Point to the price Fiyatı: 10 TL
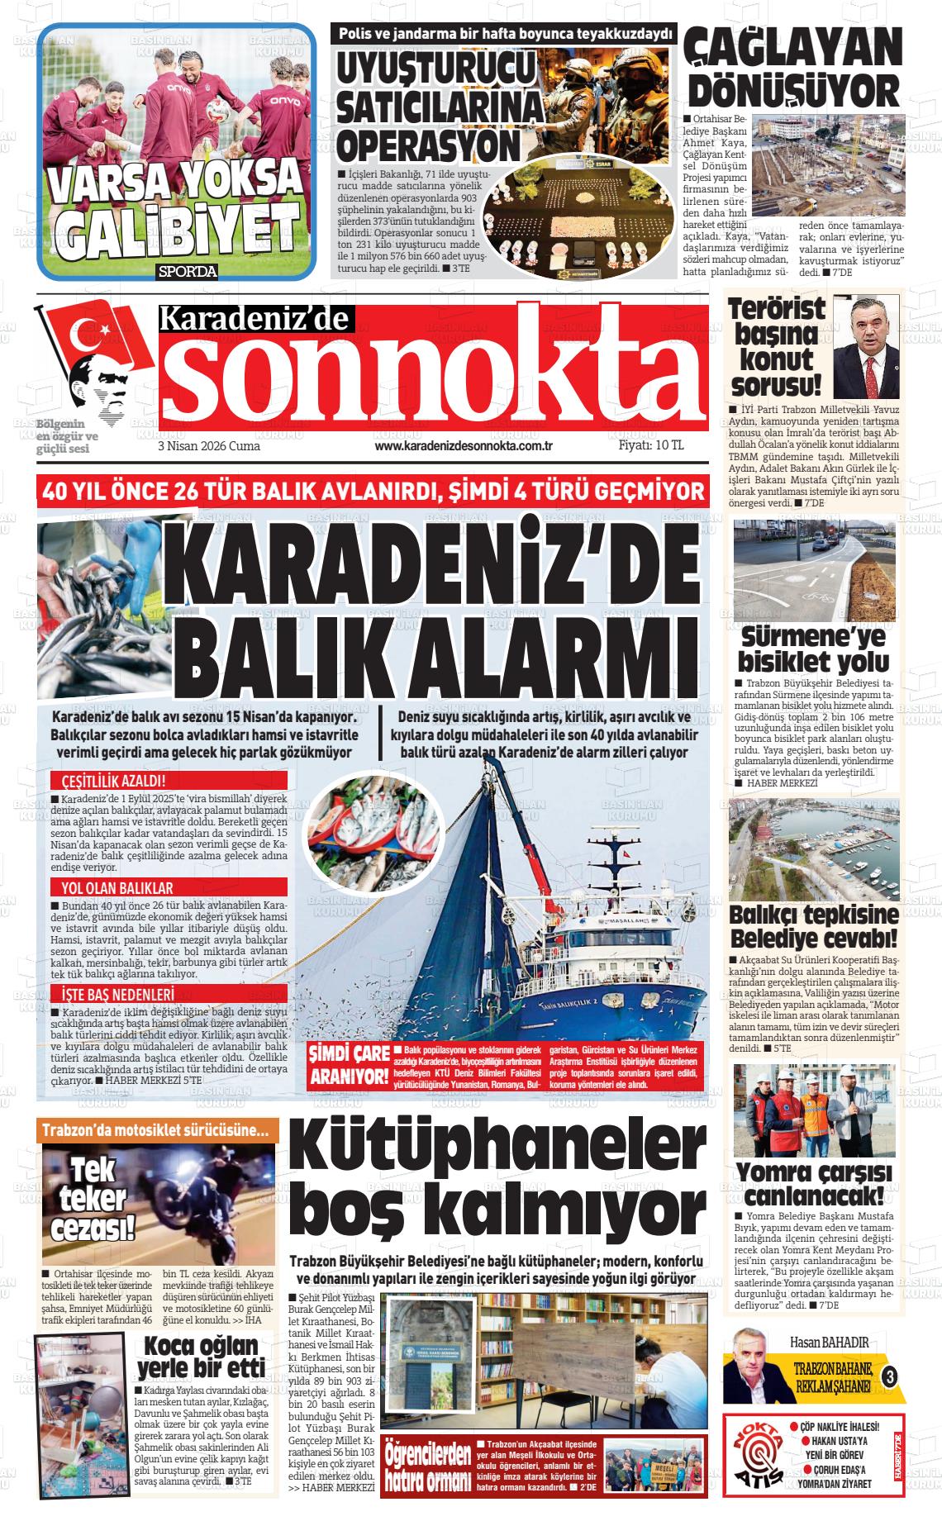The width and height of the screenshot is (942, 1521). [x=651, y=445]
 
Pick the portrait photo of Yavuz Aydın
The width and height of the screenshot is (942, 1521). [x=865, y=347]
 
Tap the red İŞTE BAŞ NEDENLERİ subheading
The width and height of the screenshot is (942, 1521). [x=112, y=994]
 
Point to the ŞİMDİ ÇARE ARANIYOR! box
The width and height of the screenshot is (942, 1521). [x=348, y=1064]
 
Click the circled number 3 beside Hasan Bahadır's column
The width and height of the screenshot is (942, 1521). [x=889, y=1377]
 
